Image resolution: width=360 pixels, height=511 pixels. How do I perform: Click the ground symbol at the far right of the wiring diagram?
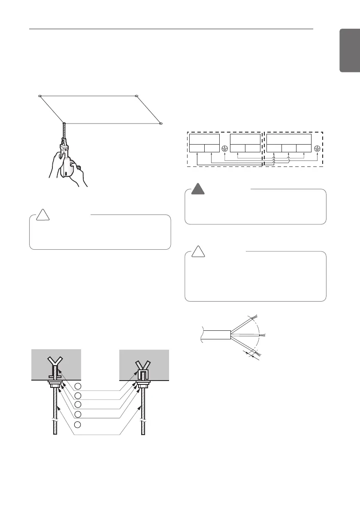click(317, 148)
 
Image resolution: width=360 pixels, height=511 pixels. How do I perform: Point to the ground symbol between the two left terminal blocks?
click(225, 148)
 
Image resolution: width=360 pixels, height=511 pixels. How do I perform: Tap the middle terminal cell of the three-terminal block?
click(289, 148)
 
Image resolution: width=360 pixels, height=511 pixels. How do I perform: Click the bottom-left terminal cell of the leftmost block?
click(197, 148)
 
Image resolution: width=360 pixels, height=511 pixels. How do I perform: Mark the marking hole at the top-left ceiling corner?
click(39, 96)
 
